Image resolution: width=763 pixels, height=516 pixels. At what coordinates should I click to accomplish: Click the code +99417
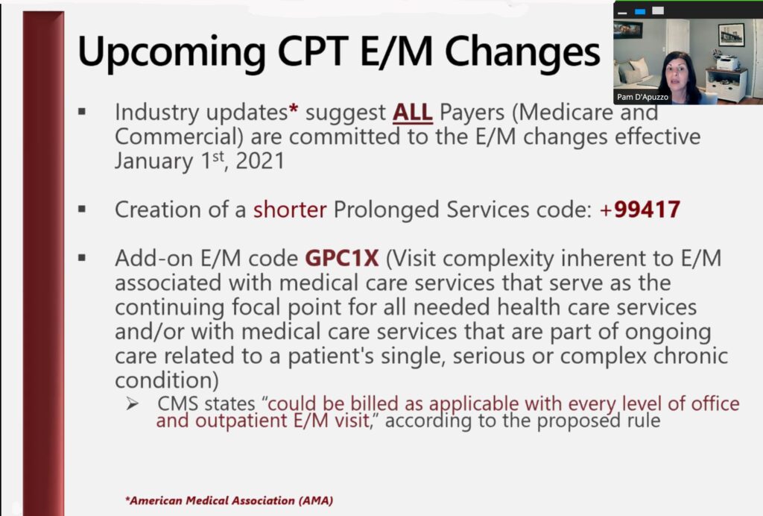click(x=640, y=210)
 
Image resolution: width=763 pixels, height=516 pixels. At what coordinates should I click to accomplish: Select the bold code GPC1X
click(x=341, y=258)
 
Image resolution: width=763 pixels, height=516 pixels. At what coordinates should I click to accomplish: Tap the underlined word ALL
click(x=413, y=113)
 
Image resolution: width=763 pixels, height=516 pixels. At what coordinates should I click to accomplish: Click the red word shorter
click(x=290, y=210)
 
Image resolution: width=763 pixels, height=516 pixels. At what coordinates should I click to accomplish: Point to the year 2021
click(x=260, y=161)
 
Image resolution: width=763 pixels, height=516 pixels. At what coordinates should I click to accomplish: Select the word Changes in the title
click(x=522, y=51)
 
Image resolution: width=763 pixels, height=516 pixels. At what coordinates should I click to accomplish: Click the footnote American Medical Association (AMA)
click(x=229, y=500)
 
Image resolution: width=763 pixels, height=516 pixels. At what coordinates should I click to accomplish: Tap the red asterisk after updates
click(x=293, y=108)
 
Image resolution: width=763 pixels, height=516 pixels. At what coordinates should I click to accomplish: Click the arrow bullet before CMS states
click(x=132, y=403)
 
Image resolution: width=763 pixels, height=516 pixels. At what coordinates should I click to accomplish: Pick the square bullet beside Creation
click(x=82, y=210)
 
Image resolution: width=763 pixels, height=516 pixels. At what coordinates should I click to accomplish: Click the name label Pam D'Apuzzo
click(x=642, y=97)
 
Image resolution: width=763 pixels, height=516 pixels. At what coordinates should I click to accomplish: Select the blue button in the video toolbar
click(x=640, y=11)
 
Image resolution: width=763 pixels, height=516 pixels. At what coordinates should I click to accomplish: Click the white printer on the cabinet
click(x=727, y=63)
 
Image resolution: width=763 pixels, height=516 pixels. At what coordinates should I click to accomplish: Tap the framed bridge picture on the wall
click(x=732, y=34)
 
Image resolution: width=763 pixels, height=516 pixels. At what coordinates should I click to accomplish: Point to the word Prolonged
click(x=387, y=210)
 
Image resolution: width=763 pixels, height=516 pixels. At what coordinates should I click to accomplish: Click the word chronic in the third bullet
click(x=691, y=356)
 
